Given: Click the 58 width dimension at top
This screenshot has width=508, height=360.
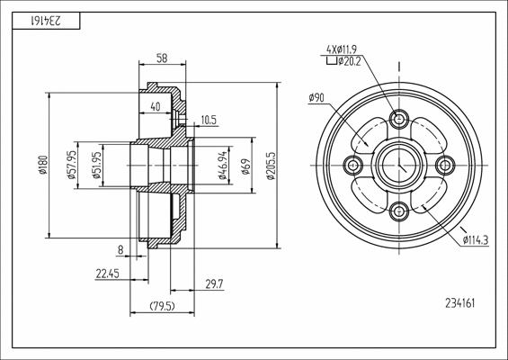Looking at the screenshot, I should tap(161, 58).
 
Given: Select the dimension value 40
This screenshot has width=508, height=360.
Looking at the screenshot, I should tap(156, 106).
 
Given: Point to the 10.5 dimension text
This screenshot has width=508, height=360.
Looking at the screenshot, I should tap(209, 119).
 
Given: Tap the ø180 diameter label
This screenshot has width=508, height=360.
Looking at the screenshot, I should tap(42, 166).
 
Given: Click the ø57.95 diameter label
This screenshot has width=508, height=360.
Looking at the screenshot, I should tap(71, 166).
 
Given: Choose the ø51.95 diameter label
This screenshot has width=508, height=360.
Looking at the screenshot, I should tap(97, 166).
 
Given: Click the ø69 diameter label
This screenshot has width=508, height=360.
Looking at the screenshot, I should tap(245, 166).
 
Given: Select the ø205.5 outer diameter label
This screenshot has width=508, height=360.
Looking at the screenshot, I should tap(271, 166).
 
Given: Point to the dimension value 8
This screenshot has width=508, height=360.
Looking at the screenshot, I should tap(120, 249).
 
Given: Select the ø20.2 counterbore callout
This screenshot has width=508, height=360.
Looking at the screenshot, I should tap(349, 61).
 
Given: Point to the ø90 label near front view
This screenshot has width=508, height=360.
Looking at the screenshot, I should tap(316, 97).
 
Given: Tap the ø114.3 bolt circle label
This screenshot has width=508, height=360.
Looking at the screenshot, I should tap(476, 239).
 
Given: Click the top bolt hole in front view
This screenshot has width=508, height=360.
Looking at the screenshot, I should tap(399, 119).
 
